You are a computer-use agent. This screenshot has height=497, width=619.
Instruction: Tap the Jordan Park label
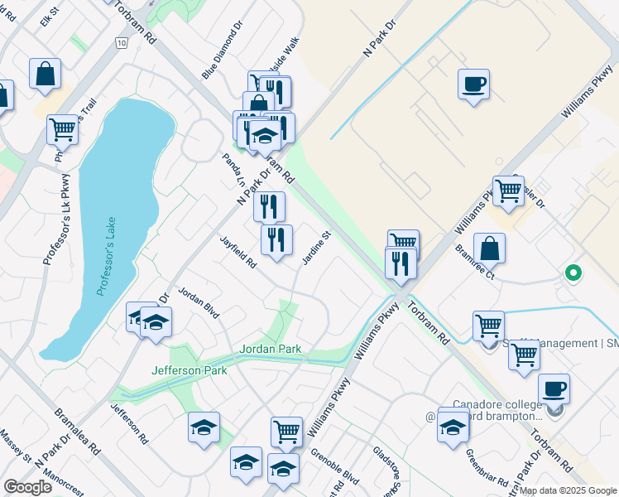coord(271,349)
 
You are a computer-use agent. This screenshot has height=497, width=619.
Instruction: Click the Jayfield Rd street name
coord(239,252)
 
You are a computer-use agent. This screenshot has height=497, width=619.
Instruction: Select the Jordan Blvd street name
coord(199,304)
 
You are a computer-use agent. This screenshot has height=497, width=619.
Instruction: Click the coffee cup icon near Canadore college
coord(554,388)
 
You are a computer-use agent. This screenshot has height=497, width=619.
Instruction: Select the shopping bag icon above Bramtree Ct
coord(490,248)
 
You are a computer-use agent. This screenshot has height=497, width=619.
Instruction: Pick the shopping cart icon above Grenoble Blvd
coord(286,431)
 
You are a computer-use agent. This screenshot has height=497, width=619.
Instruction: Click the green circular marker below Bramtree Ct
coord(572,272)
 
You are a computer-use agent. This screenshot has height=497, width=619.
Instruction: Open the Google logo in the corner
coord(27,487)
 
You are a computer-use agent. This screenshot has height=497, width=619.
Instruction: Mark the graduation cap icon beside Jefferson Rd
coord(204,427)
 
